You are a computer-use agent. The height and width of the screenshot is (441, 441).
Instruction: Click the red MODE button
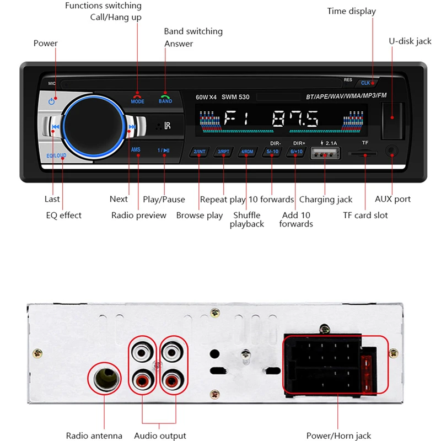(x=137, y=98)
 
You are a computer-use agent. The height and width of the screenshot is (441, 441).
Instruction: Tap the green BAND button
(x=165, y=98)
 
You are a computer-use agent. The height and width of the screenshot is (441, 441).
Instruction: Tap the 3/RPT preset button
(x=223, y=152)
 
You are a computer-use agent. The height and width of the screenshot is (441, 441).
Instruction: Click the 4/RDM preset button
(x=246, y=152)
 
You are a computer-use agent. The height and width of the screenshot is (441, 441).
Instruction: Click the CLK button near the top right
(x=366, y=83)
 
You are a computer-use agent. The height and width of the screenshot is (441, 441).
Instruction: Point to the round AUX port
(x=392, y=150)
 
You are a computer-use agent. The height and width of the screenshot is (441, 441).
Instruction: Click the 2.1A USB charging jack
(x=325, y=154)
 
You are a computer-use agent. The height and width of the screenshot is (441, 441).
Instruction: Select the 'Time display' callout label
(x=351, y=11)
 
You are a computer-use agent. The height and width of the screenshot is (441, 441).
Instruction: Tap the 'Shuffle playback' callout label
(x=246, y=219)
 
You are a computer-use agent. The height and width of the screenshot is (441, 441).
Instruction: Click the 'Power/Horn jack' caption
(x=339, y=435)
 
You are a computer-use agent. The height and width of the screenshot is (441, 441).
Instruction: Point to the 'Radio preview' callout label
(x=138, y=215)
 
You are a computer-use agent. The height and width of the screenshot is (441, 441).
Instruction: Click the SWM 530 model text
(x=235, y=97)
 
